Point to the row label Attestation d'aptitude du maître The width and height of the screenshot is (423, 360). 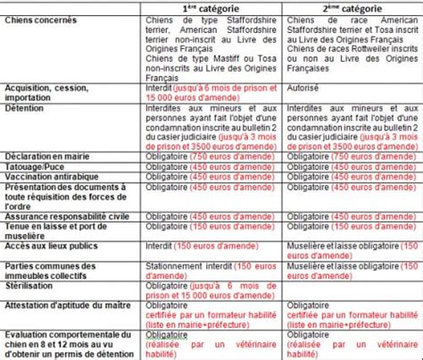[x=62, y=302]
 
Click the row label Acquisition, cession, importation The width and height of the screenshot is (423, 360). [x=45, y=93]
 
